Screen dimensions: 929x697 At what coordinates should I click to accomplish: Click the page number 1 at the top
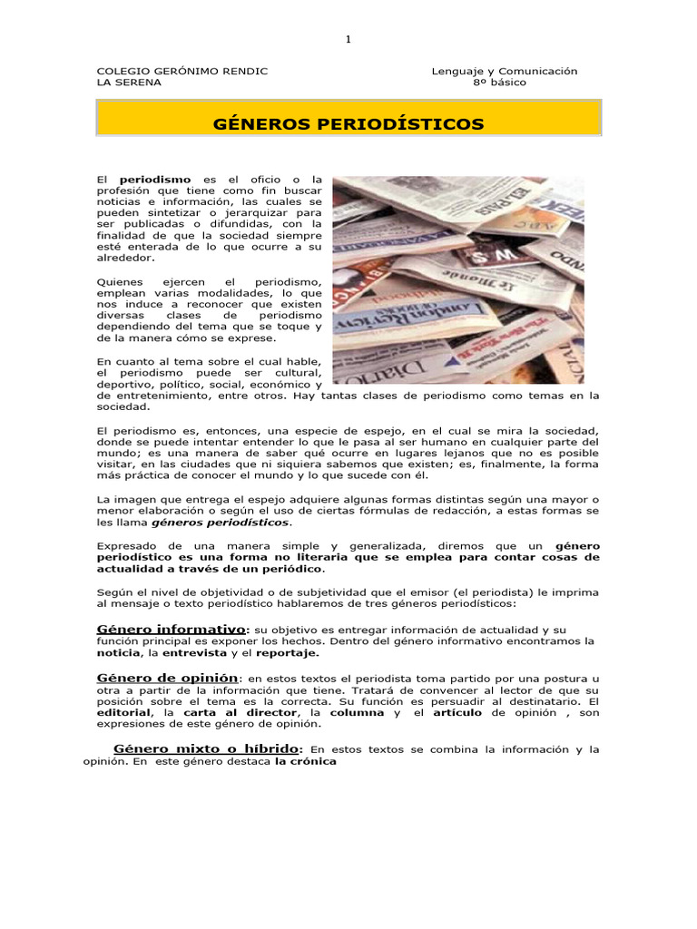[348, 39]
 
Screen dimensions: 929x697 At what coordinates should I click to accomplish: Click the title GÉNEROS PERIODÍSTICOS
[348, 124]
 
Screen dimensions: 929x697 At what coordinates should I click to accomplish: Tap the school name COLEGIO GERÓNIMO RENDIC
[182, 71]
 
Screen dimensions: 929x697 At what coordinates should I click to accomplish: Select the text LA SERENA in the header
[129, 83]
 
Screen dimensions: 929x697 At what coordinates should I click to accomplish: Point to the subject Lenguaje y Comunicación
[505, 71]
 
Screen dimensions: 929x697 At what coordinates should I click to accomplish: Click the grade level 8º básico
[499, 83]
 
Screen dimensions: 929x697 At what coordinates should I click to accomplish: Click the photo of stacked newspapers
[458, 279]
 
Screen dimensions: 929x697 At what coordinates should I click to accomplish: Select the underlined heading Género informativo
[171, 629]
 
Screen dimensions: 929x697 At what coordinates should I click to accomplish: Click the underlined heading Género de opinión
[167, 678]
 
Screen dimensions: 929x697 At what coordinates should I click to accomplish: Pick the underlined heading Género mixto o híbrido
[207, 748]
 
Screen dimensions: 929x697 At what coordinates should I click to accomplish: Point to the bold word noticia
[118, 652]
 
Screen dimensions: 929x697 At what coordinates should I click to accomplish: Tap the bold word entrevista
[194, 652]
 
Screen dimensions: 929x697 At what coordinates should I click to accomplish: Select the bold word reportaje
[288, 652]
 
